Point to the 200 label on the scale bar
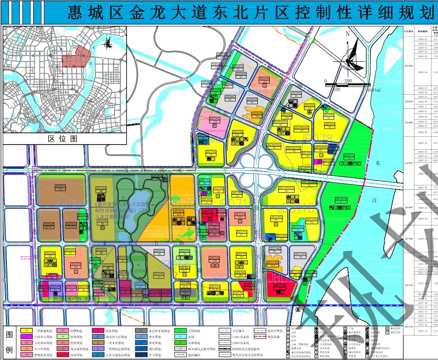(x=348, y=81)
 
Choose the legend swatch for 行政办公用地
(x=27, y=337)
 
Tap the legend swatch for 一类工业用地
(x=98, y=343)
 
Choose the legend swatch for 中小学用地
(x=27, y=349)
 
